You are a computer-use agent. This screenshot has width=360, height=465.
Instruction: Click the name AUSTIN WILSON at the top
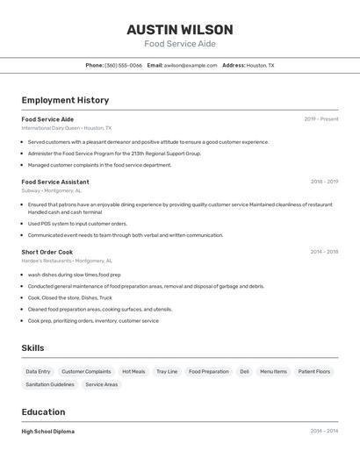click(x=180, y=29)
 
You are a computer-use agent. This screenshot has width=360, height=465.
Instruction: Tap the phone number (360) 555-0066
click(x=123, y=65)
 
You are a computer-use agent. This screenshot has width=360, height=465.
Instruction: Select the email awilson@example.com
click(x=191, y=65)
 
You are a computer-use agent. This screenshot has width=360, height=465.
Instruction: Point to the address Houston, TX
click(x=260, y=65)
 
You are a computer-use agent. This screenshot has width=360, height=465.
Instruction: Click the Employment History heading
click(x=65, y=100)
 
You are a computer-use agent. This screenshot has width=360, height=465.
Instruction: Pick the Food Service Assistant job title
click(x=55, y=182)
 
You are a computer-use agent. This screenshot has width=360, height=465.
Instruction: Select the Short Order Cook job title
click(x=47, y=252)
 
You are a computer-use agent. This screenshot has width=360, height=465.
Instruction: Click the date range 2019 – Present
click(x=321, y=119)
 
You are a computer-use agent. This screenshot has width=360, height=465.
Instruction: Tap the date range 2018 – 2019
click(x=324, y=182)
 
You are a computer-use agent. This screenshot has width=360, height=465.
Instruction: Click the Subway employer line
click(x=52, y=190)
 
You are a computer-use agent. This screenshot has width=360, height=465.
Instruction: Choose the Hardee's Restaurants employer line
click(x=67, y=261)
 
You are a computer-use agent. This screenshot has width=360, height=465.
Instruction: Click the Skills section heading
click(x=32, y=348)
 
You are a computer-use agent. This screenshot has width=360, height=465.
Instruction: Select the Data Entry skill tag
click(x=38, y=371)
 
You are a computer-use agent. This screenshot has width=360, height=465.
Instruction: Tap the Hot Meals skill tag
click(x=133, y=371)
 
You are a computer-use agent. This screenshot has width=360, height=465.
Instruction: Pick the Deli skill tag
click(x=244, y=371)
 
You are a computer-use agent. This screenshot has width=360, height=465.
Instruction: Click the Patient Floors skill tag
click(x=314, y=371)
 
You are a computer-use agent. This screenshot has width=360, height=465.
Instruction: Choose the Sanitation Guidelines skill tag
click(x=50, y=384)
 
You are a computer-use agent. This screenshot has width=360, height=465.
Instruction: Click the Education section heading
click(x=43, y=411)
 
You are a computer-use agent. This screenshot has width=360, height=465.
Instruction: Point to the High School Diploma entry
click(x=48, y=432)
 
